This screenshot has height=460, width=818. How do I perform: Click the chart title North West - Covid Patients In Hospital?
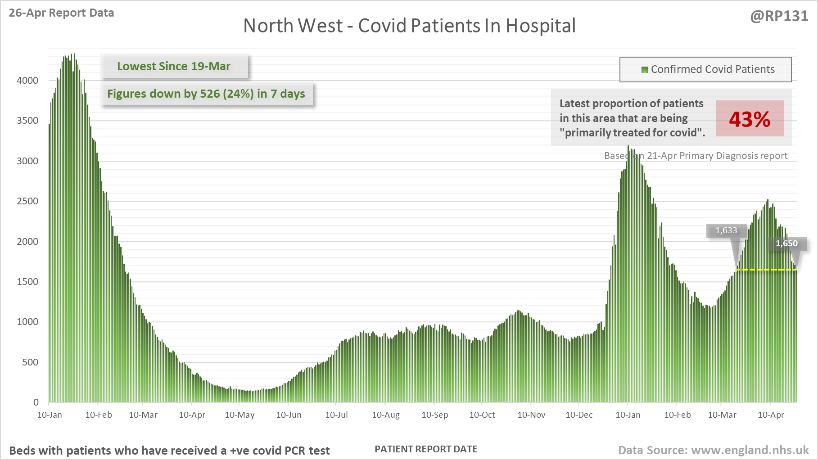click(x=409, y=26)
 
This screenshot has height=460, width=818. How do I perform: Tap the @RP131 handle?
click(x=779, y=16)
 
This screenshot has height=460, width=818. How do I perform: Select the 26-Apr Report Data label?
click(x=61, y=13)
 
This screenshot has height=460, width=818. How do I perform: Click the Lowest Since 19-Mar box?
click(x=174, y=67)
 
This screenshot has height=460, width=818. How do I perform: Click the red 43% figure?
click(x=750, y=119)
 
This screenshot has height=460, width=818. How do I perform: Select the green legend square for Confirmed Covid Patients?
click(x=644, y=70)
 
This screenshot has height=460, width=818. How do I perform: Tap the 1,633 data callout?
click(x=726, y=230)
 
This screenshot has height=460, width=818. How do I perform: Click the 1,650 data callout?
click(x=786, y=244)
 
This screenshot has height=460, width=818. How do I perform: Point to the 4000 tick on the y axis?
click(x=27, y=81)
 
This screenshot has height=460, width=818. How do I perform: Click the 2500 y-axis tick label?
click(x=27, y=201)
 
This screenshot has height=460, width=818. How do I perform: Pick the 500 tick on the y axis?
click(x=30, y=362)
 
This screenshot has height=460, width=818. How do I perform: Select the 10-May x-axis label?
click(x=240, y=415)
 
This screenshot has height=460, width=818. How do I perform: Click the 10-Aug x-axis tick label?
click(x=386, y=415)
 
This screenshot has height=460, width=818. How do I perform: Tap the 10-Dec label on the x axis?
click(x=579, y=415)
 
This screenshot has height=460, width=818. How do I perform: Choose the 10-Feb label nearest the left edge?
click(x=99, y=415)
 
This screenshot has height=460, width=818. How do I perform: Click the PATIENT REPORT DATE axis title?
click(x=426, y=449)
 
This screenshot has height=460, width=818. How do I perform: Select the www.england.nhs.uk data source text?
click(x=750, y=450)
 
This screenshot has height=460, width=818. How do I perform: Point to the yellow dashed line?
click(x=765, y=270)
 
